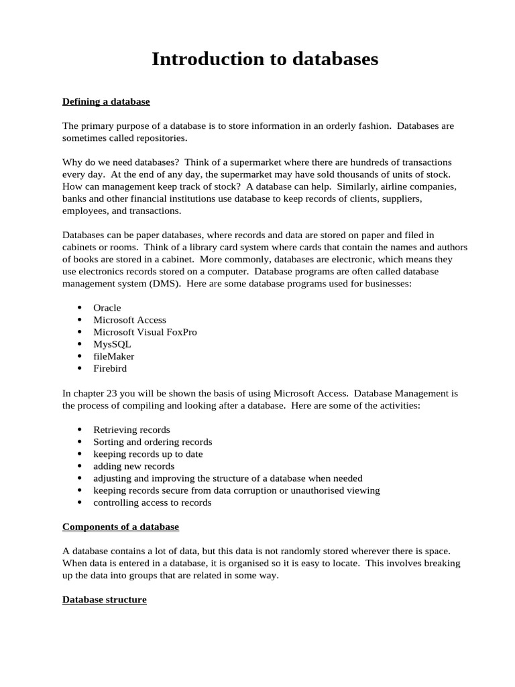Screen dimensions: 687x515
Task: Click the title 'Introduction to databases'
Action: coord(265,59)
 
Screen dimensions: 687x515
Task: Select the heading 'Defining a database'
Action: coord(106,101)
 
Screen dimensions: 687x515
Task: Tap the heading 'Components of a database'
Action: coord(121,527)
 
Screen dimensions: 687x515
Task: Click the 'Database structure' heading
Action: coord(105,599)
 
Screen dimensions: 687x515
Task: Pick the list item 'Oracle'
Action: coord(107,307)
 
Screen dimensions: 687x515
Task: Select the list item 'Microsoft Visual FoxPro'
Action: coord(145,332)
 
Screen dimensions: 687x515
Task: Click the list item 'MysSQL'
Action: coord(112,344)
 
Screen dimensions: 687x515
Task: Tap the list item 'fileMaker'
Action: coord(113,356)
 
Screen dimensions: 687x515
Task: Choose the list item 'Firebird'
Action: coord(110,368)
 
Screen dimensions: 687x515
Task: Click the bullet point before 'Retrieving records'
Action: coord(80,429)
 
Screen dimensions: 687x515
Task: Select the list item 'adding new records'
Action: coord(133,466)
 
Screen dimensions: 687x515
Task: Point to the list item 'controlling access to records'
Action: coord(152,503)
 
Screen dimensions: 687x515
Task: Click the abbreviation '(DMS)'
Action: coord(179,284)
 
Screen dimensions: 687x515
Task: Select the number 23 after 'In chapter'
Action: coord(111,393)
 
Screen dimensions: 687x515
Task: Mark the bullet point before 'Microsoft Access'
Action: coord(80,320)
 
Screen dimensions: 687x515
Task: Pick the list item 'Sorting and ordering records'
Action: coord(152,442)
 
